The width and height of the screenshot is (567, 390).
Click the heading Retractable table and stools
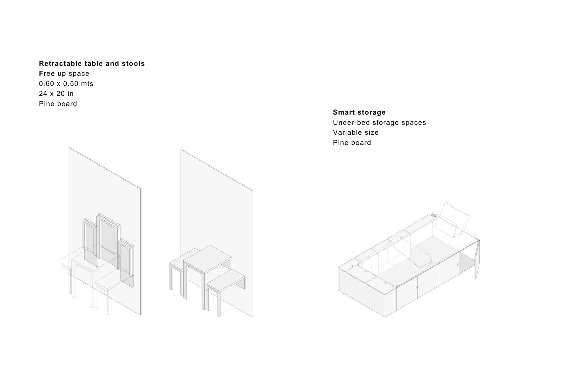(x=92, y=64)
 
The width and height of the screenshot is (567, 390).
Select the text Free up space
(x=64, y=73)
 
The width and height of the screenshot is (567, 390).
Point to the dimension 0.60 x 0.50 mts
(x=66, y=84)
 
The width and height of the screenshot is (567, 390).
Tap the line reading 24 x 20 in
(x=56, y=94)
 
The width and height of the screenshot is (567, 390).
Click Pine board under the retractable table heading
(x=58, y=104)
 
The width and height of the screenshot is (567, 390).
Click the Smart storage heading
(x=359, y=112)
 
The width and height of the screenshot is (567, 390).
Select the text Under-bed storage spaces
(x=379, y=123)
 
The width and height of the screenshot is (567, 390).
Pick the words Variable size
(x=356, y=132)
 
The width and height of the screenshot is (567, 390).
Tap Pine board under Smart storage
(x=352, y=143)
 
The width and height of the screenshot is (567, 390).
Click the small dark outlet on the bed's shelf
(x=433, y=216)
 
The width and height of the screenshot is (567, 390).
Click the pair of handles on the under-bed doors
(x=417, y=288)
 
